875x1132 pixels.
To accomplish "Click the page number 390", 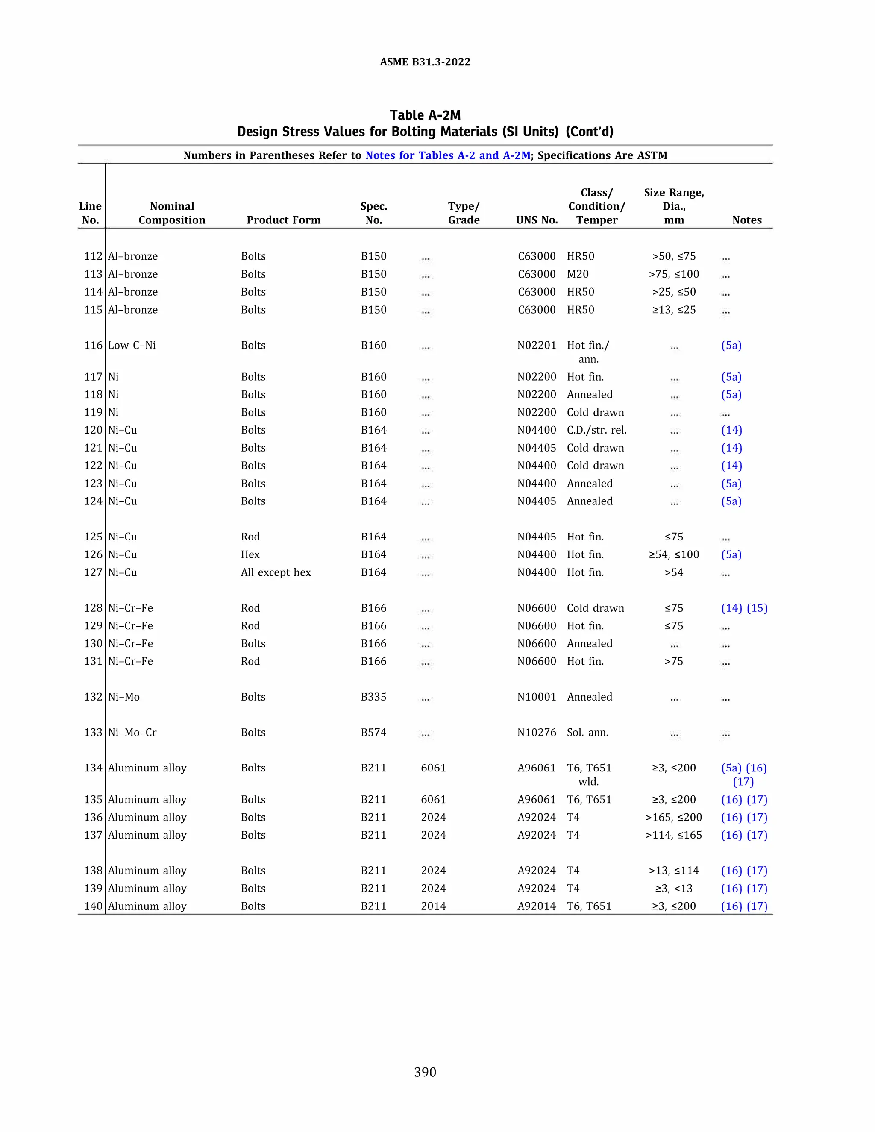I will tap(425, 1072).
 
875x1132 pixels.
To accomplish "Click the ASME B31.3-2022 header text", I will tap(425, 62).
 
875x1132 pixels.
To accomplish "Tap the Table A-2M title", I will tap(425, 115).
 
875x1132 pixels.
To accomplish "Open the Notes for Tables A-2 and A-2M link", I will tap(448, 155).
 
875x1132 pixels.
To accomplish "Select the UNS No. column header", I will tap(537, 220).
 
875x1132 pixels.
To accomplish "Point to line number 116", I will tap(93, 345).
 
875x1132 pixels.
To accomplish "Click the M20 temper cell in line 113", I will tap(578, 274).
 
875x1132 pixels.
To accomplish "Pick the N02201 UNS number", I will tap(537, 345).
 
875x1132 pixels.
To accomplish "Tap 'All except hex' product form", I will tap(276, 572).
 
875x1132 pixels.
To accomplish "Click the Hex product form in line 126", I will tap(250, 554).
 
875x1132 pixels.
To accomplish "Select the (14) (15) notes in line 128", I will tap(744, 608).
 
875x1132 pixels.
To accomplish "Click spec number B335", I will tap(373, 697).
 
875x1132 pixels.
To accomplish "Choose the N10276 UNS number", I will tap(537, 732).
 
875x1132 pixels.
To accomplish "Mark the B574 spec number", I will tap(373, 732).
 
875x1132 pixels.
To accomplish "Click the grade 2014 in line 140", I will tap(433, 906).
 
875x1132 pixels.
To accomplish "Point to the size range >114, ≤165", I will tap(673, 835).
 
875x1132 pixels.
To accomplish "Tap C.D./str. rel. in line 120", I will tap(596, 430).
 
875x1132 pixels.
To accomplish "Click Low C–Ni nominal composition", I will tap(132, 345).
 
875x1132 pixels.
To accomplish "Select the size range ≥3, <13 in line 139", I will tap(673, 889).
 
